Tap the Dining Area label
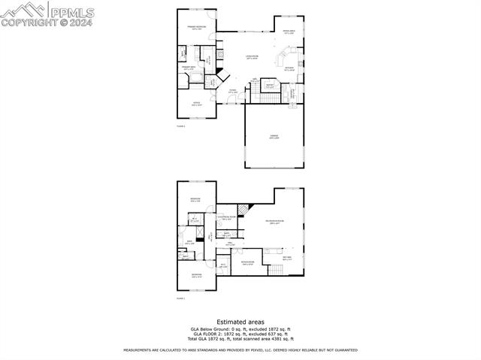(x=289, y=32)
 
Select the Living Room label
(x=252, y=57)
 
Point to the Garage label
(x=274, y=137)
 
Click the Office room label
(x=196, y=104)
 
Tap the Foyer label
(x=233, y=92)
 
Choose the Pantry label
(x=268, y=86)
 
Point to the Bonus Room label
(x=247, y=263)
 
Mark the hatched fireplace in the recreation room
(x=243, y=210)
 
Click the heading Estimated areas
(x=240, y=322)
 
